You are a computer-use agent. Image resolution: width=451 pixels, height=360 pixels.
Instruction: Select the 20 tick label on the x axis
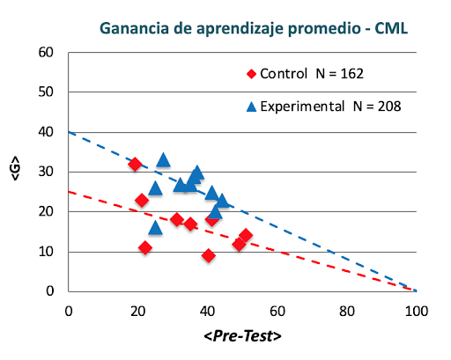click(137, 310)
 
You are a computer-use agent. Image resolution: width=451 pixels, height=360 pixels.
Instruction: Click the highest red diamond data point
click(135, 165)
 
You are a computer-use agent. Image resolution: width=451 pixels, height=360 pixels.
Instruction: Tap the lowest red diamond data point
click(208, 255)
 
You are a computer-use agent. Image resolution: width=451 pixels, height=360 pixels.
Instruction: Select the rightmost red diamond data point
click(246, 236)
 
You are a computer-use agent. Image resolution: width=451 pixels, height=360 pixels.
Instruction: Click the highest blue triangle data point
click(163, 160)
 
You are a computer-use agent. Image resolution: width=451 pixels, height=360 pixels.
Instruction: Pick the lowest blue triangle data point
click(155, 228)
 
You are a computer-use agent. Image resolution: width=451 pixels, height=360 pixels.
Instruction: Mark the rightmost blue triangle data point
click(222, 201)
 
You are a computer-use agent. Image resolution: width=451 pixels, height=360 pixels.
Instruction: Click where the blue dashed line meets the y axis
click(69, 132)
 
